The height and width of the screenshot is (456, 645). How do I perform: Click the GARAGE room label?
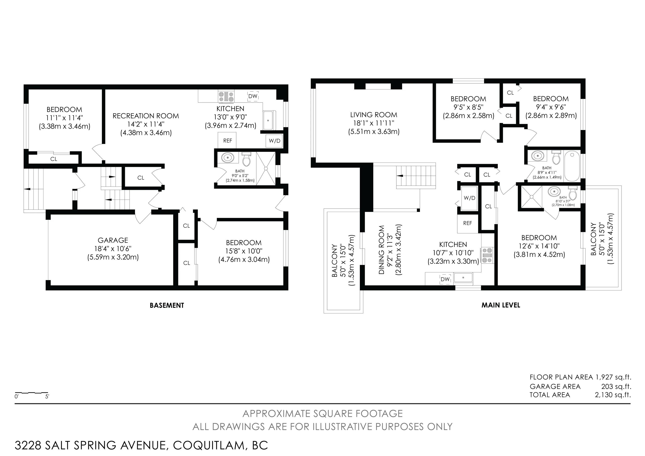coord(113,240)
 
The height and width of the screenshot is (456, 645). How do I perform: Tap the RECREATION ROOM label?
coord(146,116)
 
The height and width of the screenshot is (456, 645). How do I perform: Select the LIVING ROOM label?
coord(374,115)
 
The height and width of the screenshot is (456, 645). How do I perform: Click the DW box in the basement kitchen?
coord(253,96)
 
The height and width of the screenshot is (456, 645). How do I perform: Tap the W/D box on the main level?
coord(469,198)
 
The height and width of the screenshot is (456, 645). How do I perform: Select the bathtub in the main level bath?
coord(572,166)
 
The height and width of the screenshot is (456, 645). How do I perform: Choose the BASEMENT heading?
coord(167,305)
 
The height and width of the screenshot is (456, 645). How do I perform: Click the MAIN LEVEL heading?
coord(501,305)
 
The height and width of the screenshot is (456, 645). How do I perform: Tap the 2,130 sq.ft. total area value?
coord(613,395)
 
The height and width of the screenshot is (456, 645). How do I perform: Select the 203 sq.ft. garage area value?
coord(616,386)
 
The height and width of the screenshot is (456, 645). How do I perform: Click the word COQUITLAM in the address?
coord(209,445)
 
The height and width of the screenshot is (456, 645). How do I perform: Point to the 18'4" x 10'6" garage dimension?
coord(113,249)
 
